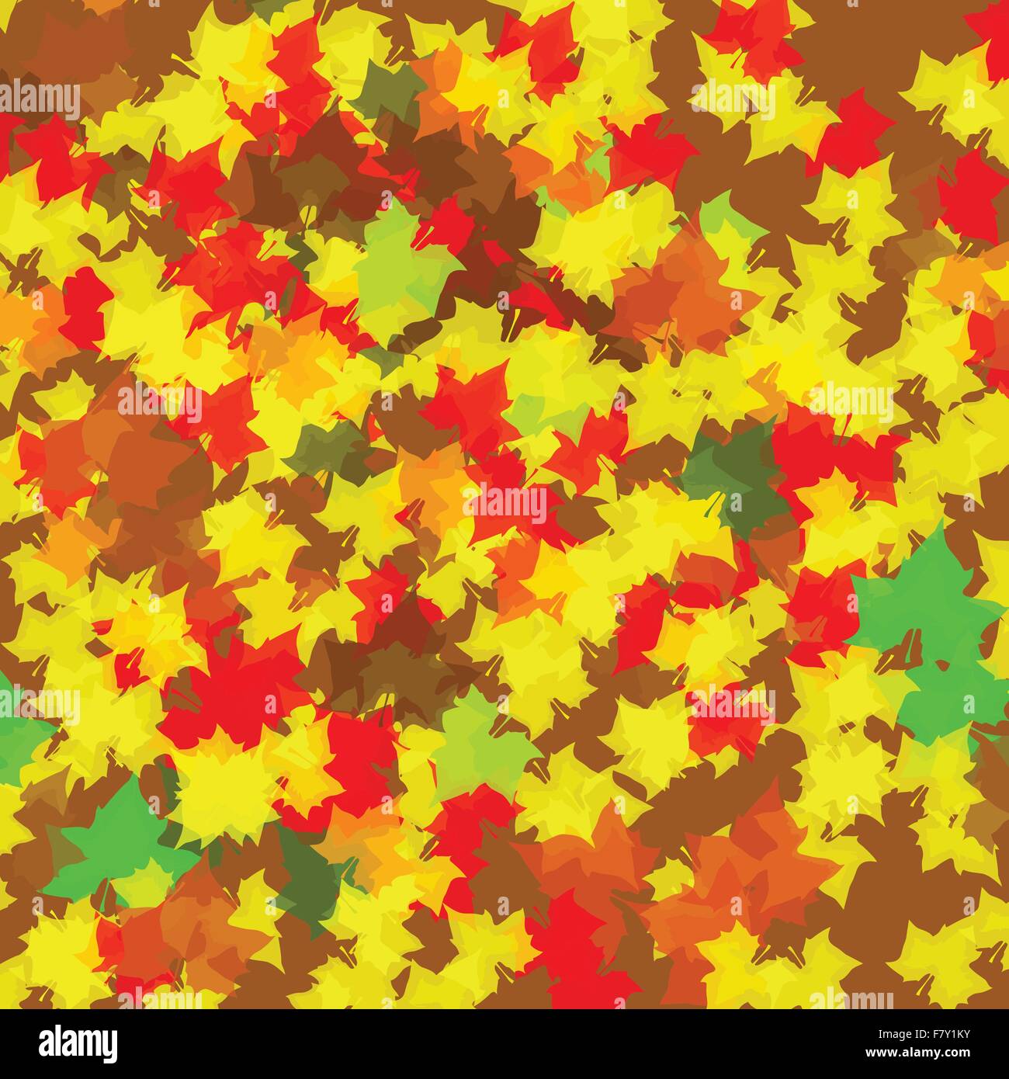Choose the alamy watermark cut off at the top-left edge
pos(39,101)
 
